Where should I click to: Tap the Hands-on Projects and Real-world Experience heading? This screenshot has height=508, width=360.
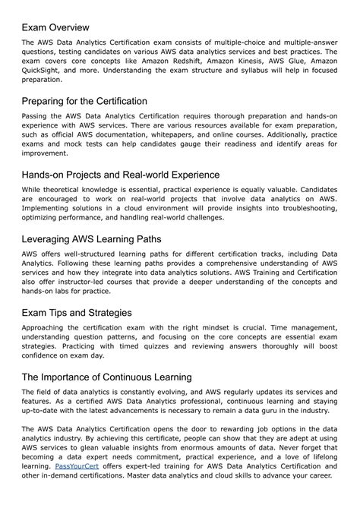[x=121, y=175]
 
